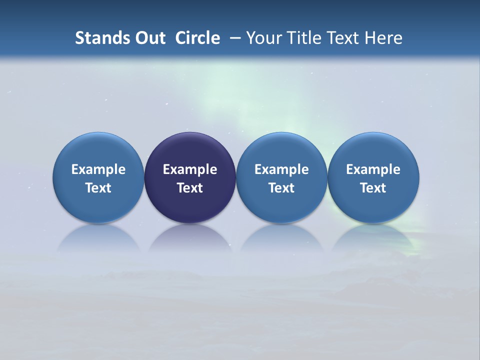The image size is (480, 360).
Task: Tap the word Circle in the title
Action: (197, 38)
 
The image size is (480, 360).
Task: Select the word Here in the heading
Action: (383, 38)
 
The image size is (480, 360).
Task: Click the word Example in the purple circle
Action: (190, 169)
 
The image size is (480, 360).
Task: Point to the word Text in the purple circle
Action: (190, 188)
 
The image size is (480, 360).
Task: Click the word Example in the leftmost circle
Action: (98, 169)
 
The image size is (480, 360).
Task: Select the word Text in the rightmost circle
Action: (373, 188)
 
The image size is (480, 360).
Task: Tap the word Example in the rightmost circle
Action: (373, 169)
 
